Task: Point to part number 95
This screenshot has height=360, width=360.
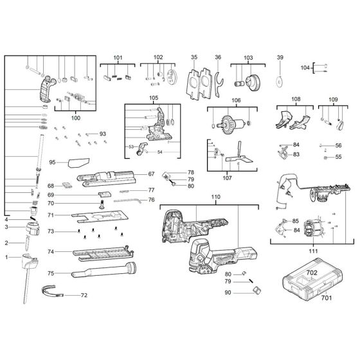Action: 53,163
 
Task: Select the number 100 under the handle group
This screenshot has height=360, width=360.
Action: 76,119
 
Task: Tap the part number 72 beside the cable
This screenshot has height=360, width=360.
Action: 83,295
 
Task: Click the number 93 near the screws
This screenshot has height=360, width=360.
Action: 102,134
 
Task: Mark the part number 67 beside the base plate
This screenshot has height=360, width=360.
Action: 152,174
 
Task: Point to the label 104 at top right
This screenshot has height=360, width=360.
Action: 305,67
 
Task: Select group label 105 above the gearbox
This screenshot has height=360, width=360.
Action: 153,98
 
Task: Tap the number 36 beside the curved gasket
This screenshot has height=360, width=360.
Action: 218,57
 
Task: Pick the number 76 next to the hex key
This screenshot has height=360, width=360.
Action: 152,200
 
